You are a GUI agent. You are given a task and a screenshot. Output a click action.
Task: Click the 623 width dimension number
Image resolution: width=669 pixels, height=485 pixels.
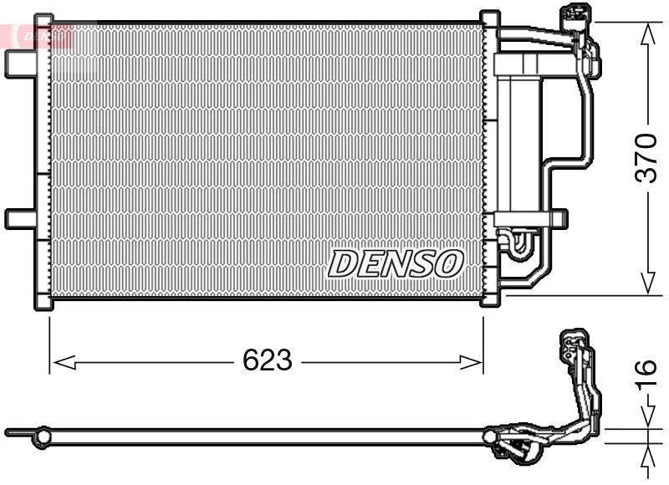pos(268,361)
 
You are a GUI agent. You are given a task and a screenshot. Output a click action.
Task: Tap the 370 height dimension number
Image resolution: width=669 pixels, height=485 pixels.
pos(647,158)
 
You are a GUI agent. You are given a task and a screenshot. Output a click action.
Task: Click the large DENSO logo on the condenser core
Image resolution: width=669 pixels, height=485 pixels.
pos(396,263)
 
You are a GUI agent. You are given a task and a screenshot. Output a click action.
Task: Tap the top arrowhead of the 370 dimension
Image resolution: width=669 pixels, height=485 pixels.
pos(647,33)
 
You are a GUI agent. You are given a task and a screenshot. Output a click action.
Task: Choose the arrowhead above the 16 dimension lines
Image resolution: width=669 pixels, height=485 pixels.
pos(647,418)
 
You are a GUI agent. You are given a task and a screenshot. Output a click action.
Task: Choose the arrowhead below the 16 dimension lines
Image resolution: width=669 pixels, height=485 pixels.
pos(647,456)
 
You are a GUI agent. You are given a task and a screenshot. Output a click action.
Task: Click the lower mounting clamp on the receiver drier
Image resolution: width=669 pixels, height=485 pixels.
pos(523,219)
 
